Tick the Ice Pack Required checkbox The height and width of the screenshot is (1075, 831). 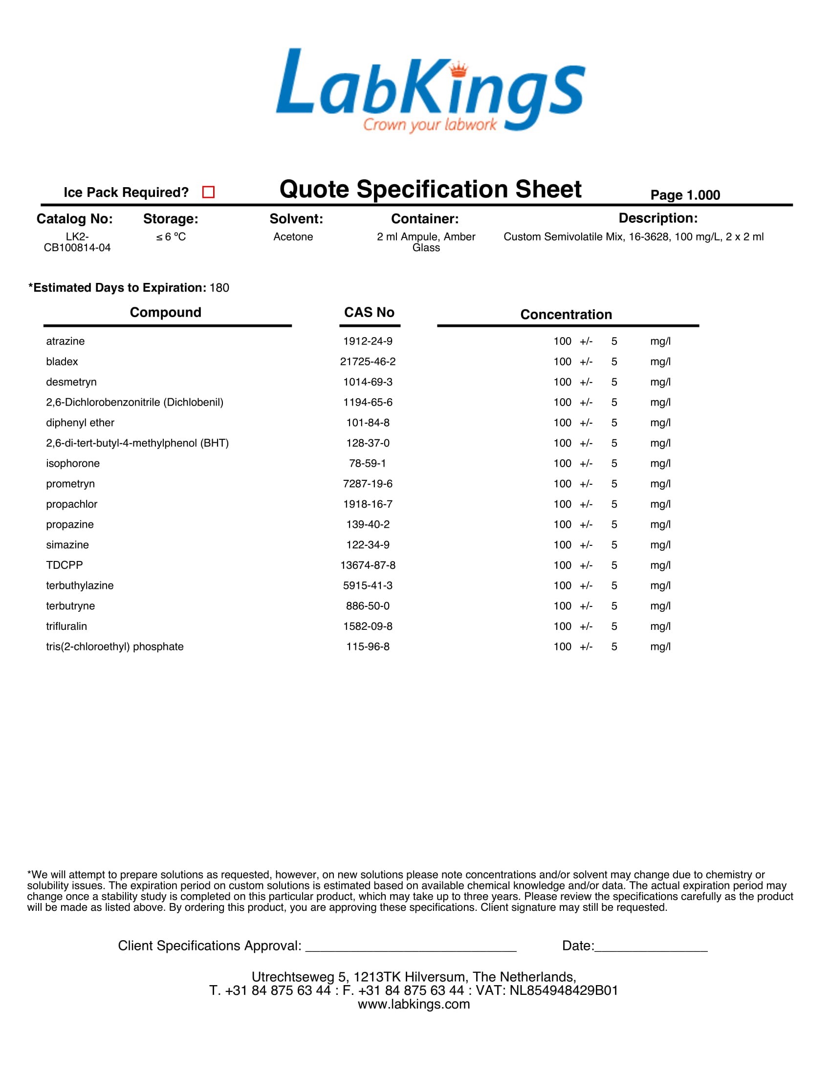[x=208, y=192]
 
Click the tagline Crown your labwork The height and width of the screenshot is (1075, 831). [x=430, y=125]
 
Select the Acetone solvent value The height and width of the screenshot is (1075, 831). [x=293, y=237]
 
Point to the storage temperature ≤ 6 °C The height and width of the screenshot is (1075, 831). [x=171, y=237]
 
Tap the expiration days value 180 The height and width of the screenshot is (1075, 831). [x=219, y=288]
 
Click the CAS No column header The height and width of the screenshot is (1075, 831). [x=369, y=313]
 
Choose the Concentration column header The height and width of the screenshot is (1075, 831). [x=566, y=315]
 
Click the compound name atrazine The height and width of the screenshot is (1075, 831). [x=66, y=341]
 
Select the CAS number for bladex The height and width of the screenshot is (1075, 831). [x=368, y=362]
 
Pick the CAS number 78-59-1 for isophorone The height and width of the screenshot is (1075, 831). [x=368, y=464]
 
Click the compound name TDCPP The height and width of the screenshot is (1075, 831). [x=65, y=565]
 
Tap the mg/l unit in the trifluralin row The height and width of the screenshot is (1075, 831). [x=660, y=626]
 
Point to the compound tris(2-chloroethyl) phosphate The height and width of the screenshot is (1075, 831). [x=115, y=647]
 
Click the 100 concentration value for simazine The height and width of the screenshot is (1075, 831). [x=562, y=545]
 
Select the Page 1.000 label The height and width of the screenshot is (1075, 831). [x=685, y=195]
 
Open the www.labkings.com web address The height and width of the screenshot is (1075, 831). [x=414, y=1004]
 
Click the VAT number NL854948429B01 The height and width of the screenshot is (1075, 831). [x=564, y=990]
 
